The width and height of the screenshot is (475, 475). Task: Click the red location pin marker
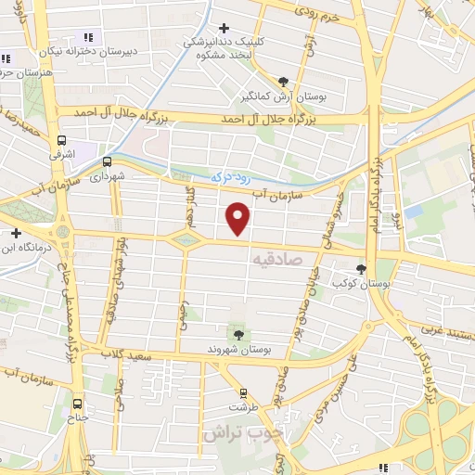coord(238,218)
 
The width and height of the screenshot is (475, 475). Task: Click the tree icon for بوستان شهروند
coord(239,334)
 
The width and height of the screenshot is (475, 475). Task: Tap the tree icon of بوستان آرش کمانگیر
coord(283,81)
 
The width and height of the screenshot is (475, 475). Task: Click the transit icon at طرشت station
coord(243,393)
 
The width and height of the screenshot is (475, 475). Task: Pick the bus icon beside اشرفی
coord(62,141)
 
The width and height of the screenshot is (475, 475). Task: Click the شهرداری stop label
coord(106,174)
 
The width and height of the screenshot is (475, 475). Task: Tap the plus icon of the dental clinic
coord(224,27)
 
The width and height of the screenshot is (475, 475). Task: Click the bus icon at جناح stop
coord(77,404)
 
